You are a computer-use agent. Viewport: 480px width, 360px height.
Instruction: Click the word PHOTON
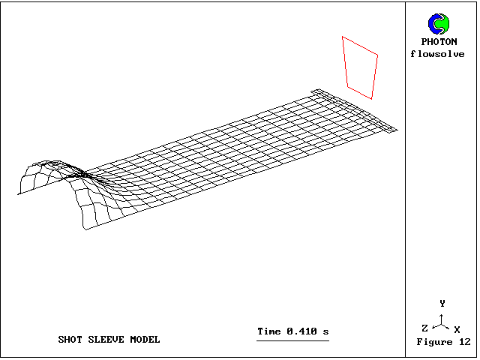pos(439,42)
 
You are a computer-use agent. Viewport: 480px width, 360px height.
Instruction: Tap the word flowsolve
pos(437,54)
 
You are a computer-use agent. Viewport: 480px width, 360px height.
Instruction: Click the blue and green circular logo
pos(439,24)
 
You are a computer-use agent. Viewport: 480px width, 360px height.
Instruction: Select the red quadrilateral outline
pos(360,67)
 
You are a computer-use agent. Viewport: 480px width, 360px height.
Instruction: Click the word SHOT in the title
pos(70,340)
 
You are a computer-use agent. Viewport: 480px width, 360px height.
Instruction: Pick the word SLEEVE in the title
pos(106,340)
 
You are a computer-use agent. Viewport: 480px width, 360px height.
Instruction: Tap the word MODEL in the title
pos(145,340)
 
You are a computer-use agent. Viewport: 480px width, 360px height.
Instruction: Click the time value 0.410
pos(301,331)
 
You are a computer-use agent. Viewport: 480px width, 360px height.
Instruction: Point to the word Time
pos(269,331)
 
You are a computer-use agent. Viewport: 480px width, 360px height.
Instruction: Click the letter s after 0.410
pos(325,331)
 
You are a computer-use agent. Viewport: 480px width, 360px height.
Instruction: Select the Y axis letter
pos(442,303)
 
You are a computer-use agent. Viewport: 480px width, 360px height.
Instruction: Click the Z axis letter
pos(424,328)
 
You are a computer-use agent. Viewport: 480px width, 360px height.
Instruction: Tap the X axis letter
pos(457,330)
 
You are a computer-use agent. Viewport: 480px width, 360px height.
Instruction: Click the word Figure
pos(434,342)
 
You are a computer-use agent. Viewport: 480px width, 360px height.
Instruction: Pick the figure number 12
pos(465,342)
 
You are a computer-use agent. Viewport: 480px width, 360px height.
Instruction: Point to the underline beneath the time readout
pos(293,340)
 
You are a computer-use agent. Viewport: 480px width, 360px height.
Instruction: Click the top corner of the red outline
pos(343,37)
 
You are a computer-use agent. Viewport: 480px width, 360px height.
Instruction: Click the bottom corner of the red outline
pos(371,99)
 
